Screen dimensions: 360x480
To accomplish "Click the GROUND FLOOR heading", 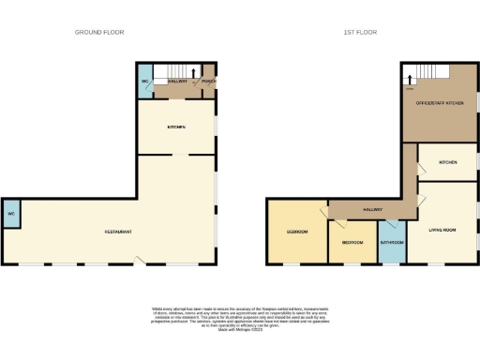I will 99,32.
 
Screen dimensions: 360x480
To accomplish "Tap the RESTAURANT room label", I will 117,231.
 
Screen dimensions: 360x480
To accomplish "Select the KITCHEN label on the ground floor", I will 176,127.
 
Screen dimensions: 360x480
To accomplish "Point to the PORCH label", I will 209,81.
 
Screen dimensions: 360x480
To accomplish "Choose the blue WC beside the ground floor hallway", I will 145,81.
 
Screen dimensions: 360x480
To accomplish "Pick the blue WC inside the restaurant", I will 10,215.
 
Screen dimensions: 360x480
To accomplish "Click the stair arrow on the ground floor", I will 194,71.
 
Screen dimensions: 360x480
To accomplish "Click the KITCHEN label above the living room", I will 447,163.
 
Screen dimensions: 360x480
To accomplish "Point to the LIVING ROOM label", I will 442,228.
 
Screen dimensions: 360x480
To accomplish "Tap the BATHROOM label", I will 391,242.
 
